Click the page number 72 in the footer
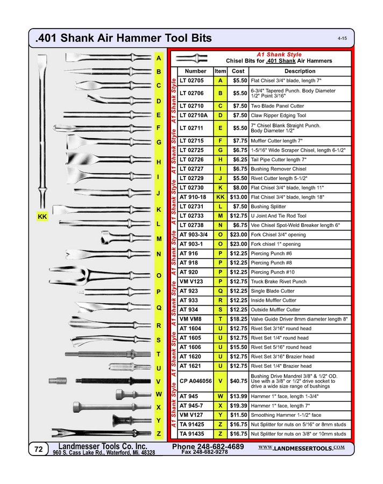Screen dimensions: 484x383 (x=38, y=449)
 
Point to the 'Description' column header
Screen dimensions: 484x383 (x=300, y=71)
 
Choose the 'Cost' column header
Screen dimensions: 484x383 (x=237, y=71)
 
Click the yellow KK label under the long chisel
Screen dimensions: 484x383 (x=43, y=216)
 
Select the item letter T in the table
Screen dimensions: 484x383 (x=220, y=319)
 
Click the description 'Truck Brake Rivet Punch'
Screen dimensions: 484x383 (x=279, y=281)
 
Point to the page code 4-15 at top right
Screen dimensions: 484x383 (x=342, y=39)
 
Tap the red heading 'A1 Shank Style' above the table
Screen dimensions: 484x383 (x=279, y=54)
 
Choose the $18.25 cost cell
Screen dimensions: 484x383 (x=237, y=319)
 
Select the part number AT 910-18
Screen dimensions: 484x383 (x=193, y=197)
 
